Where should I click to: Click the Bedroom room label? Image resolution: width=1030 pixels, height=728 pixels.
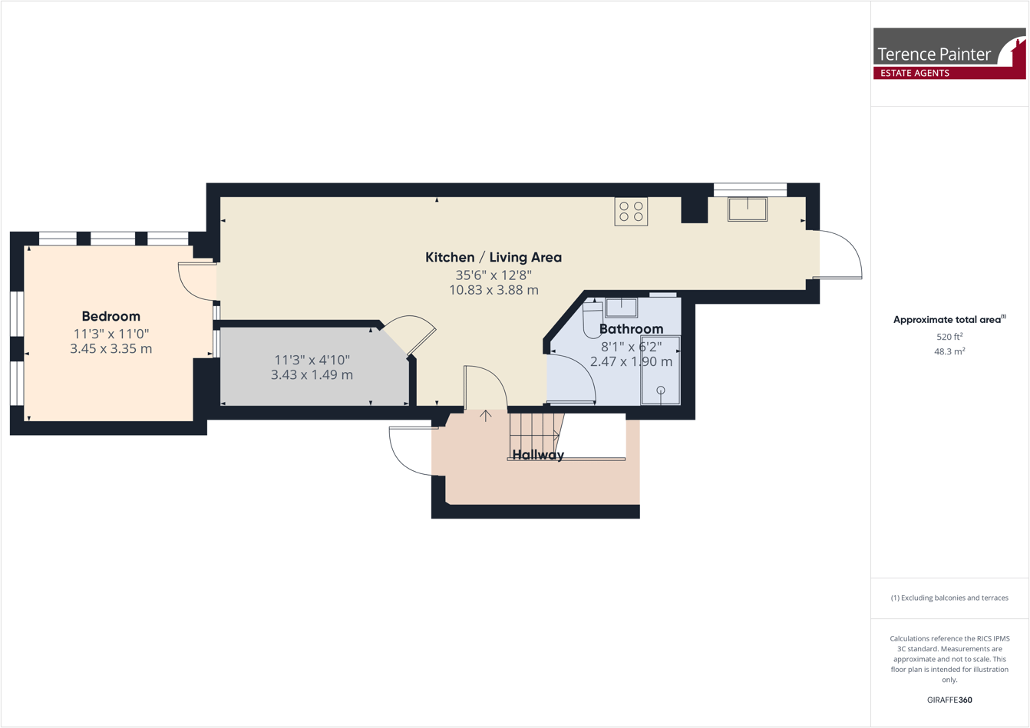(x=111, y=316)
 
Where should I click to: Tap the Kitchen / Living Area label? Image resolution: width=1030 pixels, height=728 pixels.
(x=494, y=257)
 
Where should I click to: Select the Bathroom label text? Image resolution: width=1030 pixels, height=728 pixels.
(x=631, y=329)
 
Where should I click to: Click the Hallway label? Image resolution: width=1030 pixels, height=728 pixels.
(x=538, y=455)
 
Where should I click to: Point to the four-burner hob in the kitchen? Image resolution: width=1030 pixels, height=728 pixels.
(x=631, y=212)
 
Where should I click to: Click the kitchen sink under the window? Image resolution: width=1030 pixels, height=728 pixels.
(x=748, y=209)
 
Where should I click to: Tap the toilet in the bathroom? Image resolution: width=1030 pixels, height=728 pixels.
(x=593, y=320)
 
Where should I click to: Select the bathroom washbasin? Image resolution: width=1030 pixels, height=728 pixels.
(x=621, y=308)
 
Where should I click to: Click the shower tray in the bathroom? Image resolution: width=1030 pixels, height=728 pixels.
(x=660, y=370)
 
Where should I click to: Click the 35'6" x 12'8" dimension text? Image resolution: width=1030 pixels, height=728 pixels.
(x=494, y=275)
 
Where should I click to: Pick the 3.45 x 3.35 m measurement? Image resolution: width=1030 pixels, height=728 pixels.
(x=111, y=349)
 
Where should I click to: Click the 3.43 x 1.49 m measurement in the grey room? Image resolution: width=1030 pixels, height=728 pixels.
(x=312, y=375)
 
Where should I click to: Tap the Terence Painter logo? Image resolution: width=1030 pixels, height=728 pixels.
(x=949, y=54)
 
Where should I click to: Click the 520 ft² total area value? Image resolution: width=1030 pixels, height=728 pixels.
(x=949, y=337)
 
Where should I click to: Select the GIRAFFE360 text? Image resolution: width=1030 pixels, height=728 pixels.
(x=949, y=700)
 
